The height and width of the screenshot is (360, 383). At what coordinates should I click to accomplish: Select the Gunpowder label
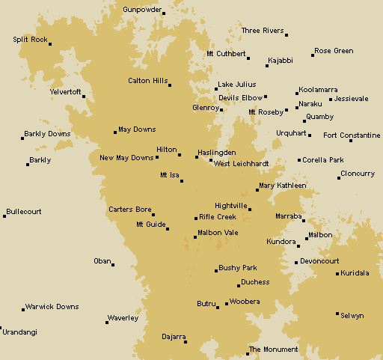click(x=141, y=8)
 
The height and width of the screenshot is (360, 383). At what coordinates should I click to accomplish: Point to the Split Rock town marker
click(x=50, y=43)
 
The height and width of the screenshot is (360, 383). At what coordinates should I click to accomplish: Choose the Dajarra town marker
click(x=186, y=342)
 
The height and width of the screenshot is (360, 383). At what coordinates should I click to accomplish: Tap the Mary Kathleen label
click(x=282, y=185)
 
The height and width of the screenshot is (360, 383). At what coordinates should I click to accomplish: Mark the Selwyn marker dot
click(x=337, y=314)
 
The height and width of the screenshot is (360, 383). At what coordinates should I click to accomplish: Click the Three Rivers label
click(x=263, y=31)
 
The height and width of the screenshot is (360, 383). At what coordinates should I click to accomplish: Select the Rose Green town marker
click(x=313, y=55)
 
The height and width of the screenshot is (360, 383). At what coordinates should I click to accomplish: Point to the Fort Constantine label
click(x=352, y=135)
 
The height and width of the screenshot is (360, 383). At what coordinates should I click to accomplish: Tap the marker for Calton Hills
click(x=170, y=85)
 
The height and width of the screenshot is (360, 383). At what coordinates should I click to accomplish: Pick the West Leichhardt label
click(x=240, y=163)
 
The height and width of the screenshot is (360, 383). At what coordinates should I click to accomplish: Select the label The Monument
click(x=273, y=350)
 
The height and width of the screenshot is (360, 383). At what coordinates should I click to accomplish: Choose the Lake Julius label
click(x=236, y=85)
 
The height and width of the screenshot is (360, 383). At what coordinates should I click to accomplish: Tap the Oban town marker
click(x=113, y=264)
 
